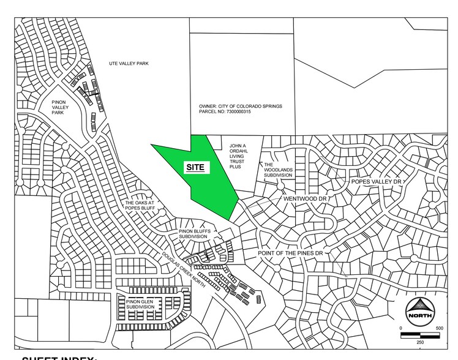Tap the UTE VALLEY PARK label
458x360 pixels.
129,64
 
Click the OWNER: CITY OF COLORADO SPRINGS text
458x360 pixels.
240,106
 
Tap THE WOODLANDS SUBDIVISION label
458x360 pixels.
279,170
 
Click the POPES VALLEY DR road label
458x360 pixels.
375,182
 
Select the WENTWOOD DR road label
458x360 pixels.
306,199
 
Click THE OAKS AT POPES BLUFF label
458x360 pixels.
141,206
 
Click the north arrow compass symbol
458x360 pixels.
422,311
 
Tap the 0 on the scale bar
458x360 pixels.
402,329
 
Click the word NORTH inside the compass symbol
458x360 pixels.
422,316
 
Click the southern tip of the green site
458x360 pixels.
230,220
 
